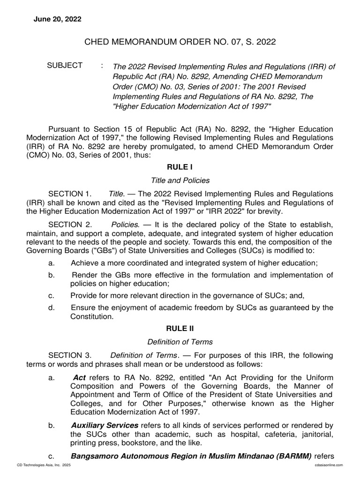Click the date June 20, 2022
point(57,19)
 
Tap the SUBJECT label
point(65,66)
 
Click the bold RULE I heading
point(180,167)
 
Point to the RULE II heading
point(180,328)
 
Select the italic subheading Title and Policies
point(180,180)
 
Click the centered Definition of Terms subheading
point(180,342)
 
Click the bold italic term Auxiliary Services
point(105,425)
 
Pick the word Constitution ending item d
point(92,316)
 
